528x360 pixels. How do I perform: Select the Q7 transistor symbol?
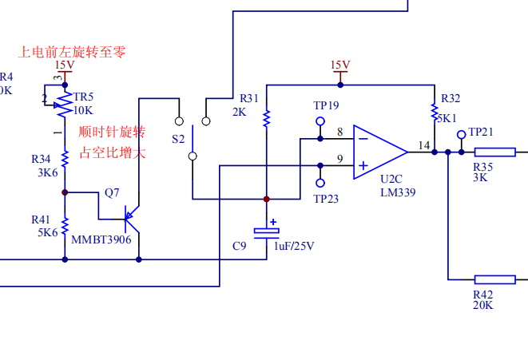(x=129, y=217)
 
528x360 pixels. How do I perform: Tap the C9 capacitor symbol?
(x=267, y=231)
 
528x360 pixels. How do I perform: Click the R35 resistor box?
(x=495, y=151)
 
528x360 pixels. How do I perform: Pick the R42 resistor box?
(x=495, y=279)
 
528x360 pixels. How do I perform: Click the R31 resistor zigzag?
(x=266, y=118)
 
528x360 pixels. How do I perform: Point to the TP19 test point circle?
(x=320, y=122)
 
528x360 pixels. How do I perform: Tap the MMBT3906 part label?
(x=101, y=239)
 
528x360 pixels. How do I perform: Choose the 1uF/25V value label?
(x=295, y=247)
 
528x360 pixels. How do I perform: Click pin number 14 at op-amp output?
(x=423, y=144)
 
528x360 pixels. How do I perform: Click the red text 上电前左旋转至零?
(x=73, y=52)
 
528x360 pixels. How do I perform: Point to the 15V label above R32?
(x=340, y=65)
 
